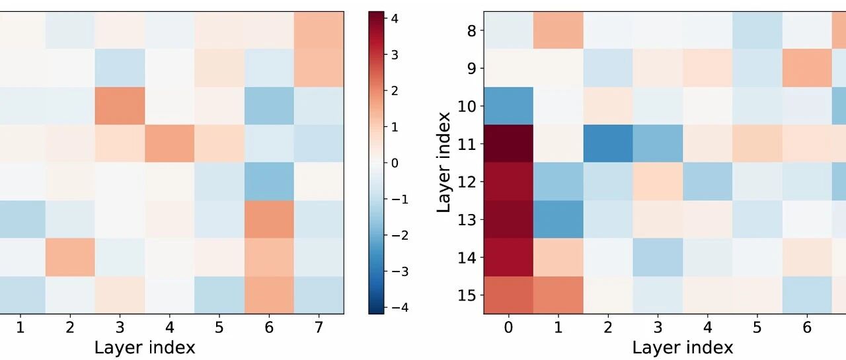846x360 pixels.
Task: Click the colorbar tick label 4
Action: click(395, 18)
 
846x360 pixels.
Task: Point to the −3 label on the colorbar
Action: click(400, 271)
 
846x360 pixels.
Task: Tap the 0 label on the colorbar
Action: click(395, 163)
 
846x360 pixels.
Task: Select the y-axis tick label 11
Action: click(467, 144)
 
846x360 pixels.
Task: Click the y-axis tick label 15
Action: click(467, 295)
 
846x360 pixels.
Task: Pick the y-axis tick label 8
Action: click(472, 31)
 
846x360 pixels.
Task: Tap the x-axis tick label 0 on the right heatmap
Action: click(508, 327)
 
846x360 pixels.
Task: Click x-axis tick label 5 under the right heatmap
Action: click(757, 327)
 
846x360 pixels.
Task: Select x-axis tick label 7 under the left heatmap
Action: click(319, 327)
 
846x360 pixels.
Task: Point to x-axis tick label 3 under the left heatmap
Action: click(120, 327)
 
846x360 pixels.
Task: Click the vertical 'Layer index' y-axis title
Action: click(443, 162)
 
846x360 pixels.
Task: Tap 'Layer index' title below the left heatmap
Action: click(145, 347)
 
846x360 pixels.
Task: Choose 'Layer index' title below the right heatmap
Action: click(683, 347)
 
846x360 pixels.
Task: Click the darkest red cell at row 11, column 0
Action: click(508, 144)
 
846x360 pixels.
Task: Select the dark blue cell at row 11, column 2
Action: click(607, 144)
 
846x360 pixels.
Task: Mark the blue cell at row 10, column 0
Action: click(508, 106)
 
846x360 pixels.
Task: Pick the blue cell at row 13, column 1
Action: click(558, 219)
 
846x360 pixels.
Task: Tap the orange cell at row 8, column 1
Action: click(558, 30)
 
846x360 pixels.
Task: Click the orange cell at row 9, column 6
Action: click(807, 68)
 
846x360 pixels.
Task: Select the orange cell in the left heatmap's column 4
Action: click(170, 144)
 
